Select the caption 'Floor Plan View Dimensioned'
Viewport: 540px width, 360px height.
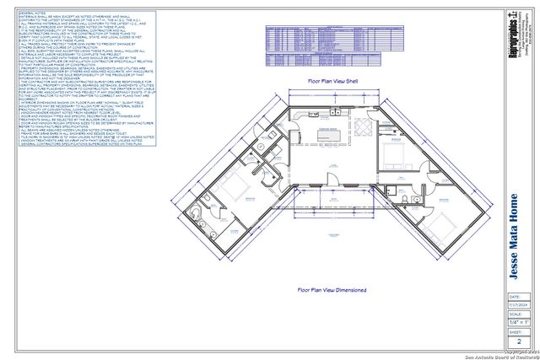[332, 289]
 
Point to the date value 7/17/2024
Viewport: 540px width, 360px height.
[518, 304]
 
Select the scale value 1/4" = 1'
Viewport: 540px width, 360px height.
[518, 323]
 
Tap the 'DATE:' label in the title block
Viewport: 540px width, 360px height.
[514, 297]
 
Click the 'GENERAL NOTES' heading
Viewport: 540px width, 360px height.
[33, 14]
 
